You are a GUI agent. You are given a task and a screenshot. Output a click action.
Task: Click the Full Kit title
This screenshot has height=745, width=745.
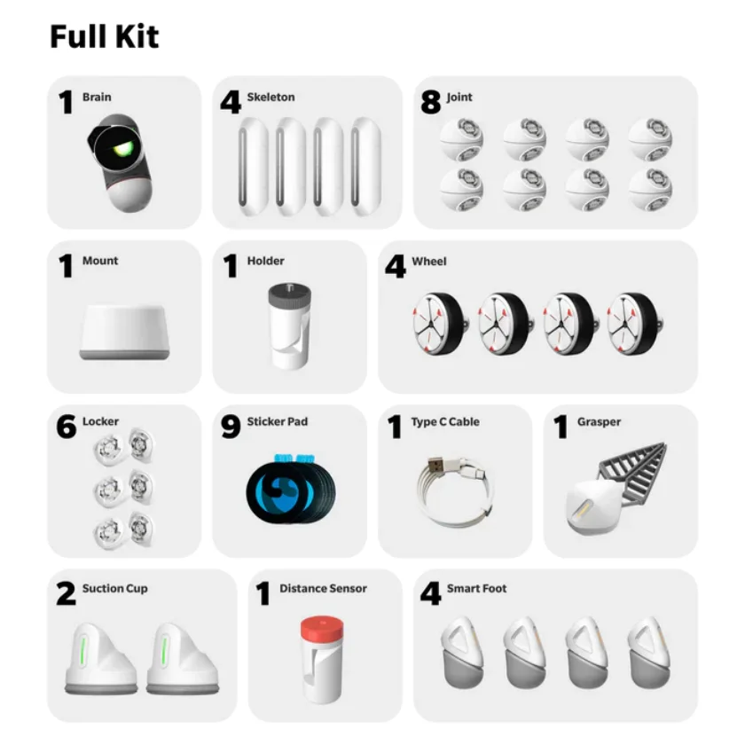[104, 37]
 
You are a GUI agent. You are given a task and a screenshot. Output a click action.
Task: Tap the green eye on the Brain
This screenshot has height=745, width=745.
[125, 146]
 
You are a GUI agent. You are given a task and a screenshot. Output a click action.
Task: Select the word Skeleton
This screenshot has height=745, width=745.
[271, 98]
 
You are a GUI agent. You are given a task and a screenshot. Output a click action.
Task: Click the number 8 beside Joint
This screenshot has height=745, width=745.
[431, 103]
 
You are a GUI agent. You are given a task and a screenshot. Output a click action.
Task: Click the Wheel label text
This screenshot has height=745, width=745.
[429, 262]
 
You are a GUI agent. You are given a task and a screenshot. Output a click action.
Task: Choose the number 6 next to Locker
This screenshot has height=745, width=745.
[67, 427]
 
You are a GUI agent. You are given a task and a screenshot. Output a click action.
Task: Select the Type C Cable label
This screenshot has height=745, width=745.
[444, 422]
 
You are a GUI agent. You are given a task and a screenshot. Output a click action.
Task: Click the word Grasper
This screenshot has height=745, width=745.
[600, 422]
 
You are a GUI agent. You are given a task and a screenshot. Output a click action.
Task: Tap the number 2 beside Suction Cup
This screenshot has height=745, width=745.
[67, 594]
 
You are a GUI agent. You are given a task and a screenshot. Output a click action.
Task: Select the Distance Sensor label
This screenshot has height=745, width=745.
[323, 589]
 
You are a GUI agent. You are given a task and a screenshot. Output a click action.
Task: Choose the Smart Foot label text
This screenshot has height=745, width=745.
[476, 589]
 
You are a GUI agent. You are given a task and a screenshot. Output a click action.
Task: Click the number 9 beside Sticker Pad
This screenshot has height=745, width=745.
[231, 427]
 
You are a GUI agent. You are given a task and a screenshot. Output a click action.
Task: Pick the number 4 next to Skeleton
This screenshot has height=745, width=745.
[231, 103]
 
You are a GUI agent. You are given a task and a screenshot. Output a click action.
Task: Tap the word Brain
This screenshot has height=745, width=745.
[97, 98]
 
